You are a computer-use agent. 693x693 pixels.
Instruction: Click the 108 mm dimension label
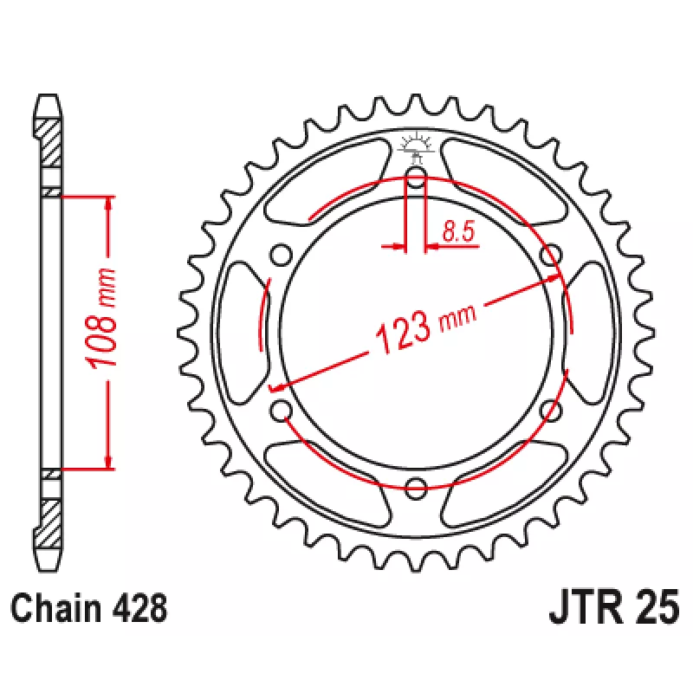(103, 318)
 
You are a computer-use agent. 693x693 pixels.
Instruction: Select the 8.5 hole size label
(458, 231)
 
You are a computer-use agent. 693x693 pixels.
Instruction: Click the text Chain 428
(89, 609)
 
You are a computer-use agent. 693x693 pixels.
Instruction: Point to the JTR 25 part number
(613, 606)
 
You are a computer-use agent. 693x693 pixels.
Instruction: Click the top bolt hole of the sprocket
(416, 178)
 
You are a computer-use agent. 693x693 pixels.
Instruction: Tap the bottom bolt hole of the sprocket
(416, 488)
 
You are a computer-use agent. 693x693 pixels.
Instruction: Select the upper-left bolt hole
(281, 255)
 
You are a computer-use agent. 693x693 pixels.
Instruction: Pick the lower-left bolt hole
(281, 410)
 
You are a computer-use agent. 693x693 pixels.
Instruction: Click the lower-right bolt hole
(551, 410)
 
